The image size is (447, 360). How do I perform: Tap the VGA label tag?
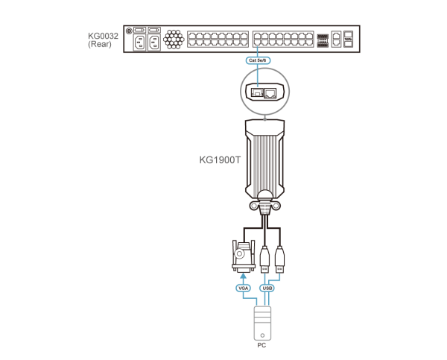coord(243,288)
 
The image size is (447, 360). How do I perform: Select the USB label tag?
coord(267,288)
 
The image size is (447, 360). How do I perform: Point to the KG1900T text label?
coord(220,160)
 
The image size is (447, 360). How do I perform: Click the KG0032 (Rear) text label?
coord(103,40)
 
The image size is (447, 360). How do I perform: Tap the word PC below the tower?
coord(261,346)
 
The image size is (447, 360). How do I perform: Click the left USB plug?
coord(264,257)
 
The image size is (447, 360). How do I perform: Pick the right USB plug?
coord(279,257)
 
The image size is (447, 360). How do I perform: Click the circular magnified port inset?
coord(264,92)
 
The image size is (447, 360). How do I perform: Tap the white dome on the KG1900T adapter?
coord(264,195)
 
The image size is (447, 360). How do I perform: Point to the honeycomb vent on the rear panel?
coord(174,39)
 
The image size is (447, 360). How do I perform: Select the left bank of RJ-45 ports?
coord(218,39)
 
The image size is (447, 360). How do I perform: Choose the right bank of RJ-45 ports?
coord(282,39)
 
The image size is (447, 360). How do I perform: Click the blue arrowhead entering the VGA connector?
coord(243,276)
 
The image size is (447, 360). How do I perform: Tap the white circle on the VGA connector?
coord(239,253)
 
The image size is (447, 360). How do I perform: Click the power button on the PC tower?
coord(262,335)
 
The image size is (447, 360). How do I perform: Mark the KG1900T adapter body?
coord(264,157)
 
